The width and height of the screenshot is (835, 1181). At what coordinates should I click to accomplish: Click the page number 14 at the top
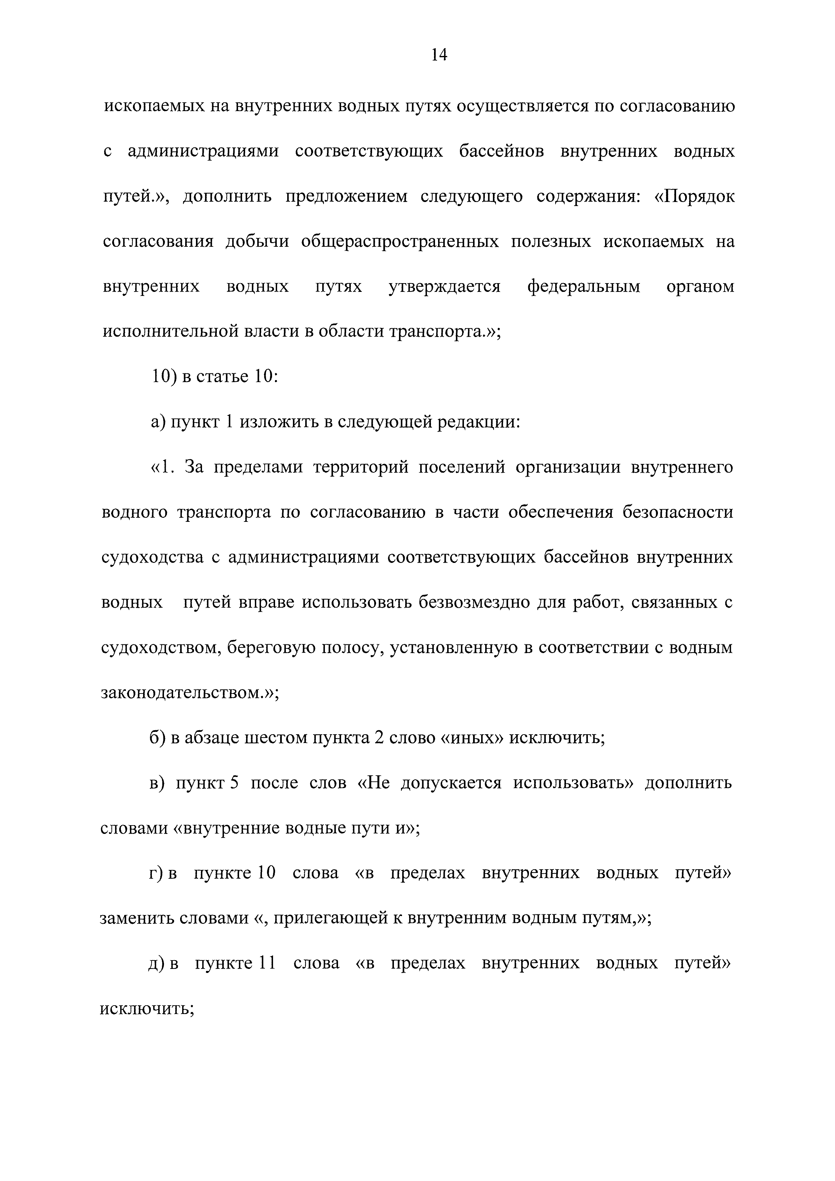point(439,55)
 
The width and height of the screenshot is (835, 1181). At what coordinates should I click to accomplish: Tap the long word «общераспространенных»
point(399,241)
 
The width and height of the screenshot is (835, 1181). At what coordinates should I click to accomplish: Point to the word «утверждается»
point(444,286)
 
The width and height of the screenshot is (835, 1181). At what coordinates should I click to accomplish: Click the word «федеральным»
point(583,286)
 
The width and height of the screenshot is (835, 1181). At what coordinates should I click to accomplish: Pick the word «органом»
point(700,286)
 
